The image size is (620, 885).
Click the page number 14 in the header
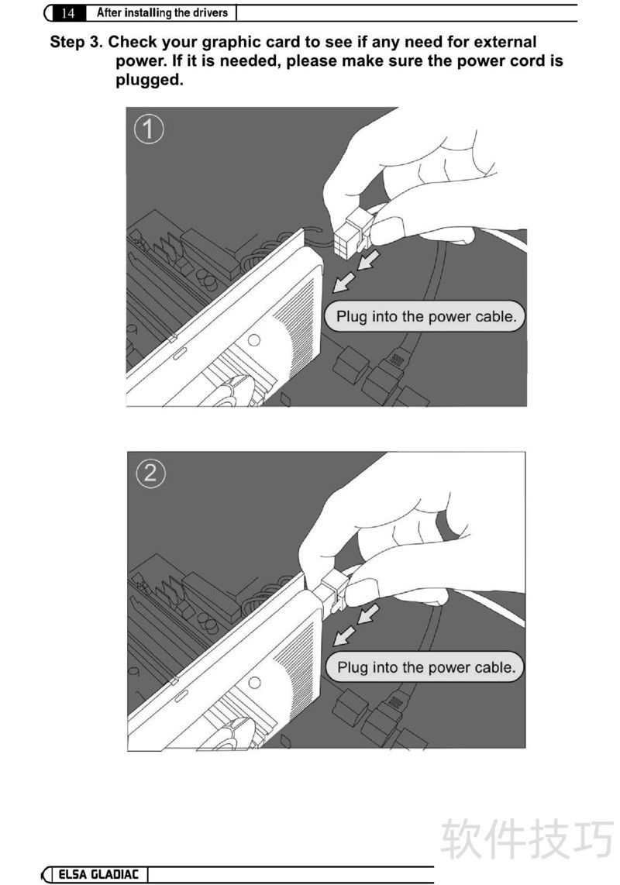click(x=67, y=13)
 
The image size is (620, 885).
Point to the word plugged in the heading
click(x=150, y=80)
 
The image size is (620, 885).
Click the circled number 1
click(x=149, y=129)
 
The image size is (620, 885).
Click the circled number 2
click(x=151, y=473)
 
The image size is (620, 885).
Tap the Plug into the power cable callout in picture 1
click(x=425, y=316)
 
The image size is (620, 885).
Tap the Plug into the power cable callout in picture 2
click(x=425, y=667)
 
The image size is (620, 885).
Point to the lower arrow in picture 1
click(x=344, y=282)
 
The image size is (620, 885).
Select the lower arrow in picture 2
click(x=344, y=636)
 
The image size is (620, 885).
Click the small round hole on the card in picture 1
click(x=254, y=339)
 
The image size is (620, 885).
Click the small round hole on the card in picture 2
click(x=255, y=683)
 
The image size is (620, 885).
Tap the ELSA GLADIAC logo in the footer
click(x=98, y=874)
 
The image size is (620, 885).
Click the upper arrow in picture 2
click(x=368, y=614)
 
